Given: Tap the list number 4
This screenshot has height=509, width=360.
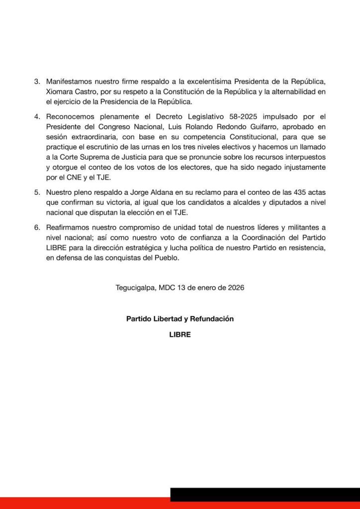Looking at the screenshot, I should click(x=36, y=117).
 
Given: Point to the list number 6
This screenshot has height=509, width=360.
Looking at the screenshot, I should click(x=36, y=228).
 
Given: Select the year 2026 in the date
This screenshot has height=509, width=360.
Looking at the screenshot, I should click(x=234, y=288).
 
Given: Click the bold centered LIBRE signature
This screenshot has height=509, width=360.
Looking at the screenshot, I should click(x=180, y=335).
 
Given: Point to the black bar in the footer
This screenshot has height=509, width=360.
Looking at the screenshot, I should click(x=265, y=494).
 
